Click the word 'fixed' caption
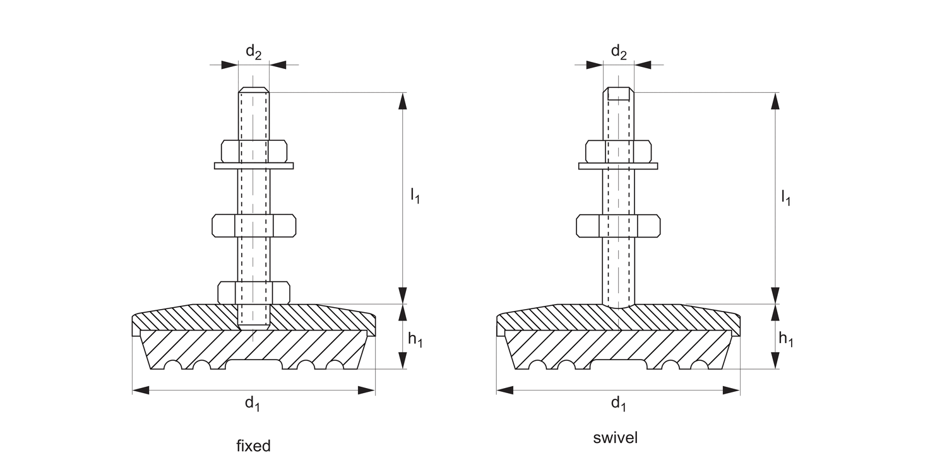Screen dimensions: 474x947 [x=253, y=446]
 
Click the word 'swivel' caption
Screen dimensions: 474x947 [x=616, y=437]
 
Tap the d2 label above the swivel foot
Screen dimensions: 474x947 [x=619, y=53]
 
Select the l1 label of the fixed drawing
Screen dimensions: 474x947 [x=415, y=196]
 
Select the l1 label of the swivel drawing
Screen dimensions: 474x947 [x=785, y=198]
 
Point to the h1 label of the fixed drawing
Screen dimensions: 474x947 [x=415, y=339]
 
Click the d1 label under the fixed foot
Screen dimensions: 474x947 [x=253, y=403]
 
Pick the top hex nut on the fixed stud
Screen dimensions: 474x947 [x=254, y=151]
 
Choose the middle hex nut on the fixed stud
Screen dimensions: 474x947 [x=254, y=226]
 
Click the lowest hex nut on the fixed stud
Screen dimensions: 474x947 [x=254, y=291]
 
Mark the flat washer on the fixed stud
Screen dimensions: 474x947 [x=254, y=166]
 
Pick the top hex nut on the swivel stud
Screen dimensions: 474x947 [x=618, y=151]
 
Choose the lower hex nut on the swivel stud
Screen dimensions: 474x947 [x=618, y=226]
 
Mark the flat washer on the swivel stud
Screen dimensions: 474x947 [x=618, y=166]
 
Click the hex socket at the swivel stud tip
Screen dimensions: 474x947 [x=619, y=94]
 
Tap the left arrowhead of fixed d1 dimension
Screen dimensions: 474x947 [x=141, y=390]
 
